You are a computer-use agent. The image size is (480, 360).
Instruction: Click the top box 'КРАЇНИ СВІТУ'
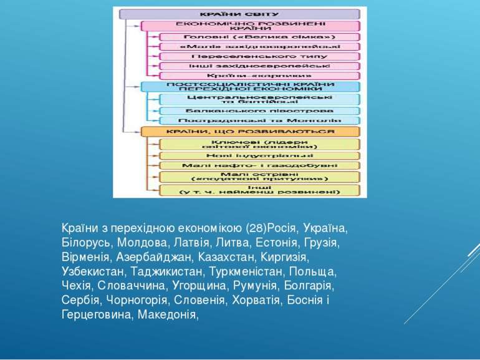pyautogui.click(x=239, y=14)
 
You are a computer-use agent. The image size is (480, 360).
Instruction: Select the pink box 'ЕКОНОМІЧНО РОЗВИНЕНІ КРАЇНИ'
pyautogui.click(x=250, y=26)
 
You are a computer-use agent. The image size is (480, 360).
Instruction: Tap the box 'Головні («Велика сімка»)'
pyautogui.click(x=259, y=37)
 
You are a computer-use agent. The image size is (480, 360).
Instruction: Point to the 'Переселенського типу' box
pyautogui.click(x=259, y=56)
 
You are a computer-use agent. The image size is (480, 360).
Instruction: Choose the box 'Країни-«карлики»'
pyautogui.click(x=259, y=75)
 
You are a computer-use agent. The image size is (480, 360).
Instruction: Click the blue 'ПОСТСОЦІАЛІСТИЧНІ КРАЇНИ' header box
pyautogui.click(x=250, y=87)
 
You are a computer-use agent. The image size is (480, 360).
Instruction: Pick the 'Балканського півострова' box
pyautogui.click(x=259, y=110)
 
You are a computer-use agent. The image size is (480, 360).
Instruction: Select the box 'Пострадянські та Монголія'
pyautogui.click(x=259, y=120)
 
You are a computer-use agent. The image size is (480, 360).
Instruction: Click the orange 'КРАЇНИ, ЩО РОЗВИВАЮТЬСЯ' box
pyautogui.click(x=250, y=132)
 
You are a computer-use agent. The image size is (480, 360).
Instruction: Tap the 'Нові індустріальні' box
pyautogui.click(x=259, y=155)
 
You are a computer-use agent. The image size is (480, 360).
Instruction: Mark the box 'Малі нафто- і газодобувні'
pyautogui.click(x=259, y=165)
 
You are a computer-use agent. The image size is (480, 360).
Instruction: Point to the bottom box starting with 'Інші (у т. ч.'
pyautogui.click(x=259, y=190)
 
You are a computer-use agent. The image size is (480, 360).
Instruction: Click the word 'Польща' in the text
pyautogui.click(x=319, y=271)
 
